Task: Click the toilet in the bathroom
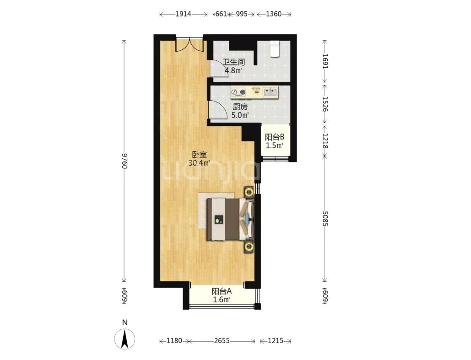click(275, 48)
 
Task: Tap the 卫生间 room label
click(234, 62)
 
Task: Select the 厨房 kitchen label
click(240, 107)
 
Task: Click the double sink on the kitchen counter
click(271, 91)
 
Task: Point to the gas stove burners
click(238, 92)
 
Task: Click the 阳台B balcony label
click(275, 137)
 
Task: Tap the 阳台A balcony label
click(222, 291)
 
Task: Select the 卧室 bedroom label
click(200, 155)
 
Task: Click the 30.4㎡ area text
click(199, 163)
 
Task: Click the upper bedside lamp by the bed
click(249, 192)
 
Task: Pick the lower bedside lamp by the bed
click(249, 247)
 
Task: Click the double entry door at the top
click(190, 45)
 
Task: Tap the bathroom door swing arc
click(218, 69)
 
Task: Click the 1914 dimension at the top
click(183, 14)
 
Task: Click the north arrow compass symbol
click(125, 339)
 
